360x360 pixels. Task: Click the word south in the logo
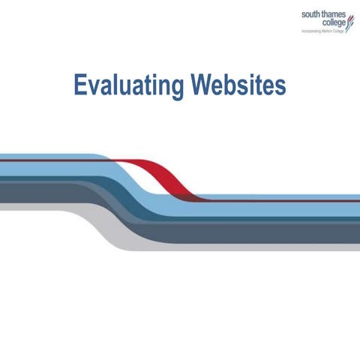click(310, 13)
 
